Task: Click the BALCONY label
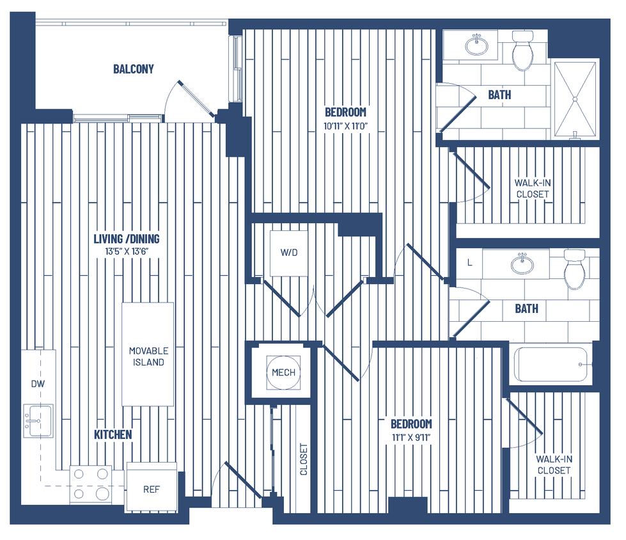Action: click(133, 69)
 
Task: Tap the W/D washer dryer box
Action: click(289, 253)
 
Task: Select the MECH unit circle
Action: click(283, 372)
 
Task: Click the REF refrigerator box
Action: click(151, 489)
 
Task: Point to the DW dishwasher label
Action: click(38, 384)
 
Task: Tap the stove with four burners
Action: click(90, 484)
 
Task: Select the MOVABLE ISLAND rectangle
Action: click(148, 355)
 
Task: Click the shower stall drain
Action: click(574, 99)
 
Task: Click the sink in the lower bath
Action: click(522, 262)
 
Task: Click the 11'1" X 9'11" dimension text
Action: click(411, 438)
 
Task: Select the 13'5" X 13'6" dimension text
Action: click(127, 251)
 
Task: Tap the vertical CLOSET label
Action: click(304, 459)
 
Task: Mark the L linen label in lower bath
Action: click(470, 262)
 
